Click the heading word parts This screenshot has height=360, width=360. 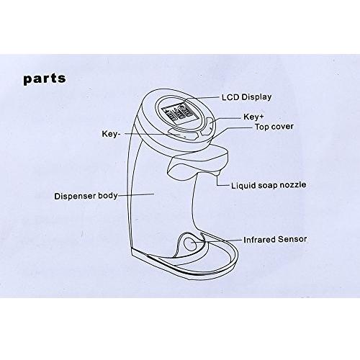coord(45,78)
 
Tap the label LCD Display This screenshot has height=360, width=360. coord(247,97)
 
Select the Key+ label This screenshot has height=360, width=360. coord(253,117)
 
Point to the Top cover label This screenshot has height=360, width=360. coord(274,127)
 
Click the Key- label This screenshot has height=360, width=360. coord(111,134)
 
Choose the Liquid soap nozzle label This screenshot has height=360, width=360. coord(269,185)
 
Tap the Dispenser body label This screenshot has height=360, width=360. coord(86,196)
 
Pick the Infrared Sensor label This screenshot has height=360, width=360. coord(275,240)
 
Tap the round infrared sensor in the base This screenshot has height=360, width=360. coord(190,243)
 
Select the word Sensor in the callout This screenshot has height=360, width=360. coord(292,240)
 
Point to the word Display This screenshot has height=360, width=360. coord(256,97)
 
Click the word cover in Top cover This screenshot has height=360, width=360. coord(282,127)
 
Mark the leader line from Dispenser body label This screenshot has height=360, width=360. coord(136,194)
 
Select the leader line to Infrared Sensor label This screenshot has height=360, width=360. coord(217,241)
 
